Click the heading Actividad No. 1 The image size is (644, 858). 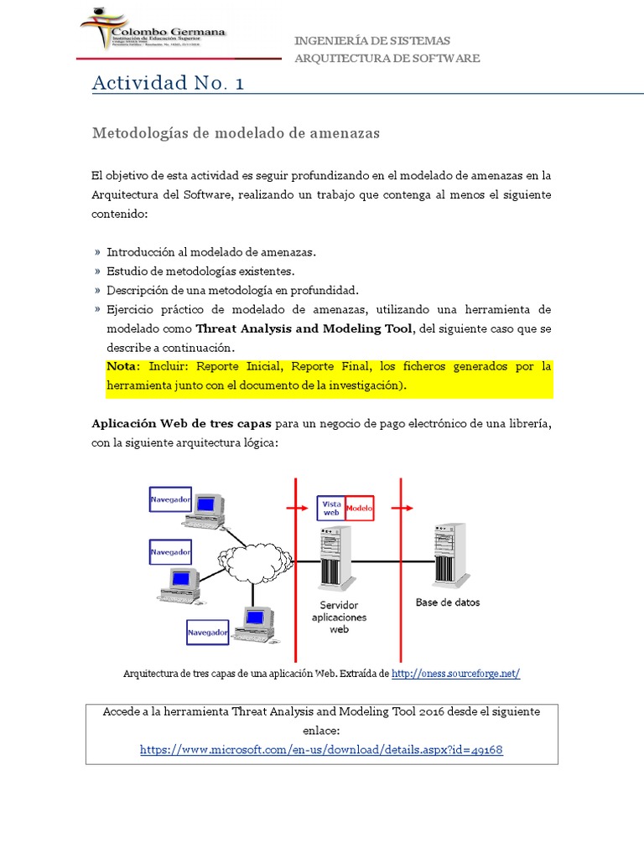pyautogui.click(x=168, y=83)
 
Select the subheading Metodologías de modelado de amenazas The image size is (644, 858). pyautogui.click(x=235, y=133)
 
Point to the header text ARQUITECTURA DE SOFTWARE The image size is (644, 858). pyautogui.click(x=387, y=58)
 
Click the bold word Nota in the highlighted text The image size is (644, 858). pyautogui.click(x=124, y=367)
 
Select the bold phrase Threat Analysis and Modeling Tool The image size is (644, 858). pyautogui.click(x=304, y=328)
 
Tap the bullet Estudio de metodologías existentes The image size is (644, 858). pyautogui.click(x=200, y=271)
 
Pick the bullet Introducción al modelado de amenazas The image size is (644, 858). pyautogui.click(x=211, y=251)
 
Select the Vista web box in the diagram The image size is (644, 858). pyautogui.click(x=330, y=508)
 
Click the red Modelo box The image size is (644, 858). pyautogui.click(x=360, y=508)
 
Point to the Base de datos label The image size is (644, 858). pyautogui.click(x=448, y=602)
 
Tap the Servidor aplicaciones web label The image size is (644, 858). pyautogui.click(x=339, y=617)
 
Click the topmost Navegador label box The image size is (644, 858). pyautogui.click(x=170, y=501)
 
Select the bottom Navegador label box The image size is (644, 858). pyautogui.click(x=208, y=633)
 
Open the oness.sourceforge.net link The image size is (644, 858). pyautogui.click(x=455, y=674)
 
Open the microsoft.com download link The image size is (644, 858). pyautogui.click(x=321, y=750)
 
